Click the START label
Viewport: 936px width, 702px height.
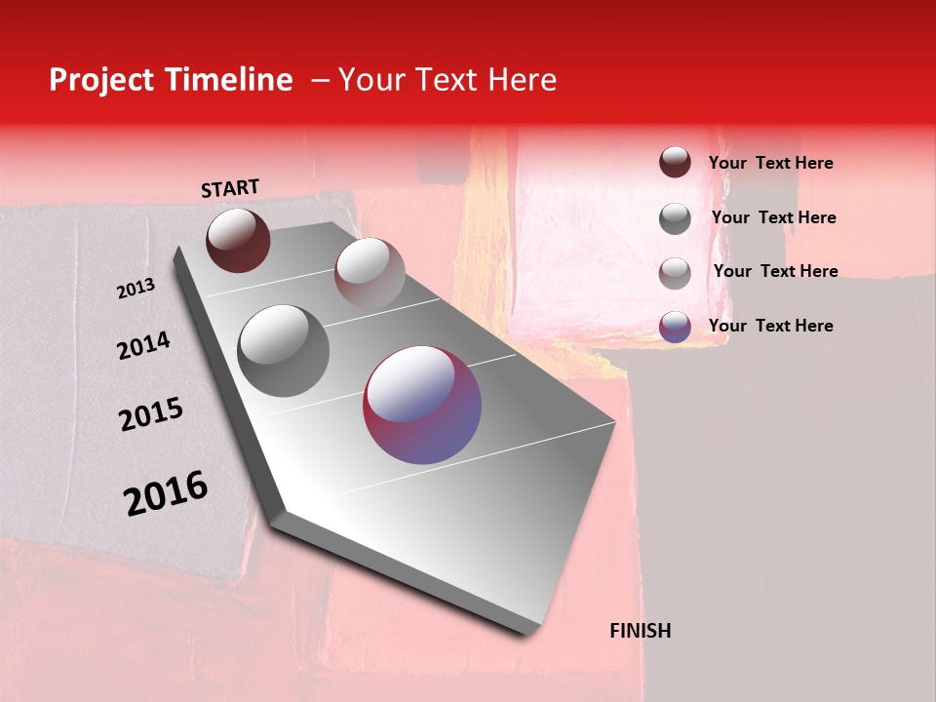coord(230,188)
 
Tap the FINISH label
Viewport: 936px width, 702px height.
coord(641,631)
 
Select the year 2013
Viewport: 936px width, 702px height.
coord(136,289)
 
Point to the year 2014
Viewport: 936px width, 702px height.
coord(143,345)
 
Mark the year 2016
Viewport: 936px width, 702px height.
coord(166,493)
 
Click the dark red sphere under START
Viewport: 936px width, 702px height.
coord(238,240)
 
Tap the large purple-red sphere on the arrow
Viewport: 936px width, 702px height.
coord(422,405)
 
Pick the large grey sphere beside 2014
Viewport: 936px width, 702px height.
coord(284,351)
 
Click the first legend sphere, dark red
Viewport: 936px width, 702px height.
coord(675,162)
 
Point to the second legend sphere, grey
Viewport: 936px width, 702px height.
coord(675,218)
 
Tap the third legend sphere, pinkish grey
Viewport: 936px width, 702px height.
coord(675,273)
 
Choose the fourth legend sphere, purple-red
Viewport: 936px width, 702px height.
coord(675,327)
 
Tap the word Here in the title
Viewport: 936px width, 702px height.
coord(522,80)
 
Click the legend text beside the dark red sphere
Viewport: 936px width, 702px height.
coord(770,163)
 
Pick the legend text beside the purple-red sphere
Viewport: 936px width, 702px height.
coord(770,326)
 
